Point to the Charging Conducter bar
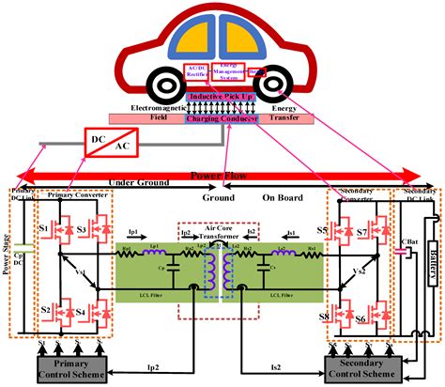222,119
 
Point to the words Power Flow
222,174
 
